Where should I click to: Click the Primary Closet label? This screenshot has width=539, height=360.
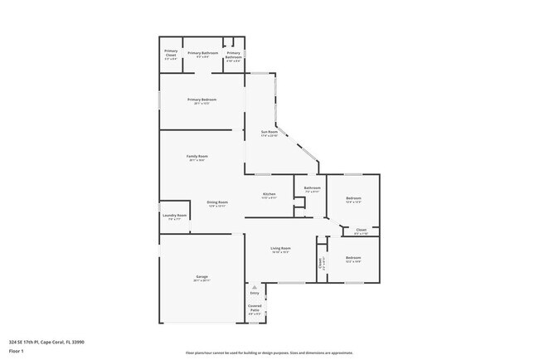click(x=171, y=53)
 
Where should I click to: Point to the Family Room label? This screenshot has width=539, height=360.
click(x=197, y=156)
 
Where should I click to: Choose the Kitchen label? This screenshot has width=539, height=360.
click(x=269, y=194)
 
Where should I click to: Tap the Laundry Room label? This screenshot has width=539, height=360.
click(x=174, y=216)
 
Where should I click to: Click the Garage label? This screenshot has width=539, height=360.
click(x=202, y=276)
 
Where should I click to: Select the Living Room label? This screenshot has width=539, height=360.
click(x=280, y=248)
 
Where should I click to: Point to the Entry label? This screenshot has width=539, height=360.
click(x=255, y=294)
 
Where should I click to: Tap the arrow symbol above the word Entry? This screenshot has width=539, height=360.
click(x=255, y=287)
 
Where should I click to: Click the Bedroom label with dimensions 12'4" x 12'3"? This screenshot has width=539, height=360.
click(x=353, y=198)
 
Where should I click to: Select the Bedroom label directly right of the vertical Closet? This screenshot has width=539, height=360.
click(x=353, y=257)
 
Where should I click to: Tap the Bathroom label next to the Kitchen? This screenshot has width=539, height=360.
click(x=312, y=188)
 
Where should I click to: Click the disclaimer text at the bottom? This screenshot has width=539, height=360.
click(x=269, y=351)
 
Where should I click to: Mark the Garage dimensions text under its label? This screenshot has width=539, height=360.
click(x=202, y=280)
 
